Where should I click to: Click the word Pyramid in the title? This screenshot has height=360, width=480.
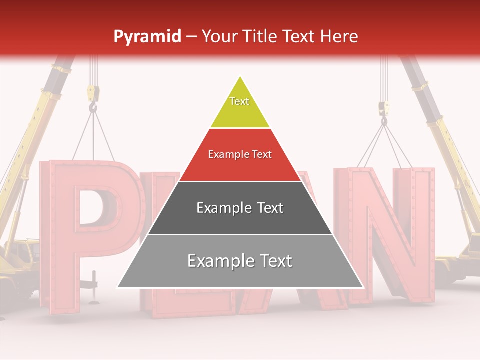click(x=147, y=37)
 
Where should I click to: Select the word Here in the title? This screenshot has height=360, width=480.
click(x=339, y=36)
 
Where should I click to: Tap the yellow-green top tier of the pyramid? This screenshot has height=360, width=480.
click(x=240, y=107)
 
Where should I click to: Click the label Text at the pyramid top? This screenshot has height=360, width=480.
click(x=239, y=101)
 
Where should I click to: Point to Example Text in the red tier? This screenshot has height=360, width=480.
click(x=240, y=154)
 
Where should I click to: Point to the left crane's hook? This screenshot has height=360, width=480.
click(x=93, y=107)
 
